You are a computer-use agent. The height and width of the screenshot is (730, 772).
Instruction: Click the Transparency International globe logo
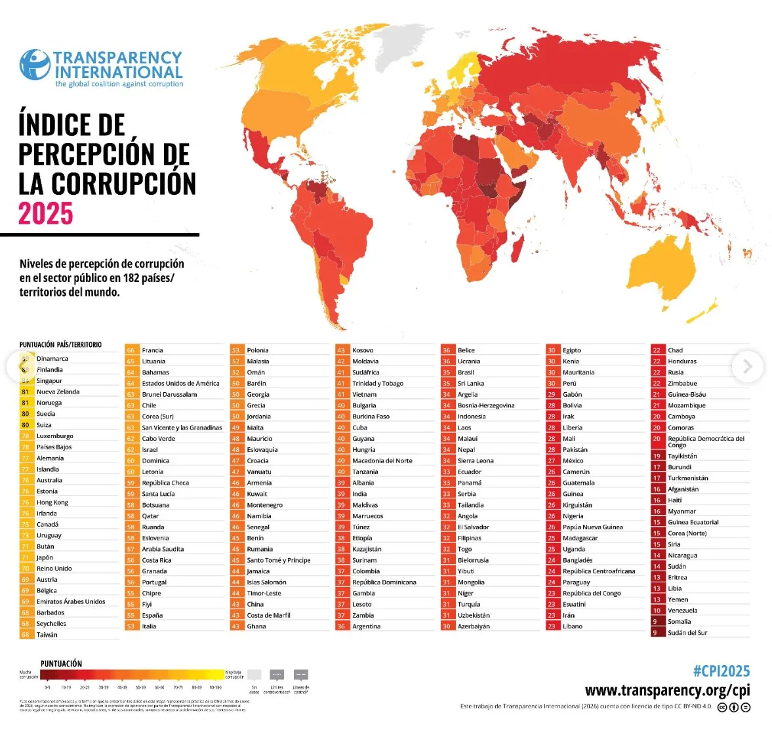coord(35,65)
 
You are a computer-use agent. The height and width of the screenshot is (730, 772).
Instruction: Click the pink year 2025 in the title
coord(46,214)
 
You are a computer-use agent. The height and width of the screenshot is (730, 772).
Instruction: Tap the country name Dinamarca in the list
coord(52,359)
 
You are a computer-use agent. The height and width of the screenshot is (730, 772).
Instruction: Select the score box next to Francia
coord(131,350)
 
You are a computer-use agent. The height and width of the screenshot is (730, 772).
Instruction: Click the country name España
coord(152,615)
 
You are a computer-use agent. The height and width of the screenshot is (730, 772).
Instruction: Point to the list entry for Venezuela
coord(682,611)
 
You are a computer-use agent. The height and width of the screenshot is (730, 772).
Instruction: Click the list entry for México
coord(573,460)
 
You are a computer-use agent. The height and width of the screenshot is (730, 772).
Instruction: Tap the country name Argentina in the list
coord(366,626)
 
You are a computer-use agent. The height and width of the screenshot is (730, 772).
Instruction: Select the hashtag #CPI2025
coord(721,671)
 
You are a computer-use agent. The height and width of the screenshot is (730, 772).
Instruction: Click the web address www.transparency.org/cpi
coord(667,690)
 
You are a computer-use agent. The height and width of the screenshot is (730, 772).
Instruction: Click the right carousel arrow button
coord(747,367)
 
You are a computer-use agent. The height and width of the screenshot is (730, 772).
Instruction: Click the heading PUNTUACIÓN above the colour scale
coord(61,664)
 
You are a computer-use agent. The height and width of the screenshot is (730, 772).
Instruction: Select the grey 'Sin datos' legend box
coord(254,675)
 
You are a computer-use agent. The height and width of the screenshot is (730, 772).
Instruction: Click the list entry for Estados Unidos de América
coord(180,383)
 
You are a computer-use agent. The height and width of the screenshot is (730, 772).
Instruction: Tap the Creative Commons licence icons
coord(733,707)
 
